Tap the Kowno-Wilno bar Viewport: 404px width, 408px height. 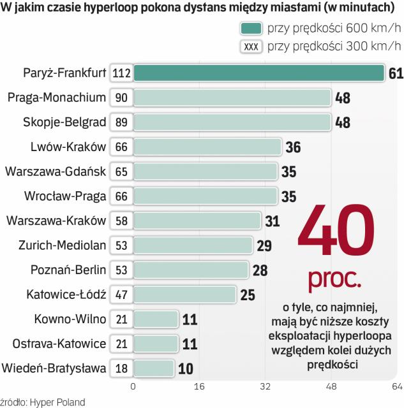click(156, 319)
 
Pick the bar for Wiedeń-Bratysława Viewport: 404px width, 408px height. click(153, 368)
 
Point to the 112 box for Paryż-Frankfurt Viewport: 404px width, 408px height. click(121, 73)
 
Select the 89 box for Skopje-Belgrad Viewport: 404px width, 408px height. click(121, 122)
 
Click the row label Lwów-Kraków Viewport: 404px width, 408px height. click(68, 147)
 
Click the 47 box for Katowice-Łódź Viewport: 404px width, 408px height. click(121, 294)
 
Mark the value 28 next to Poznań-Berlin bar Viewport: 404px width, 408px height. click(260, 270)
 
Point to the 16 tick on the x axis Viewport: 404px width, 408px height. click(199, 386)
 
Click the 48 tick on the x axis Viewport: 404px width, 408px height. click(332, 386)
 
